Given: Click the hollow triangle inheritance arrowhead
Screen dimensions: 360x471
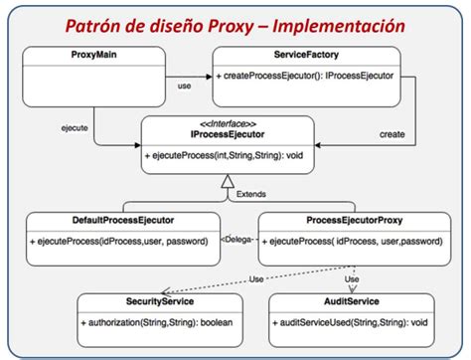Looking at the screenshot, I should coord(228,181).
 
